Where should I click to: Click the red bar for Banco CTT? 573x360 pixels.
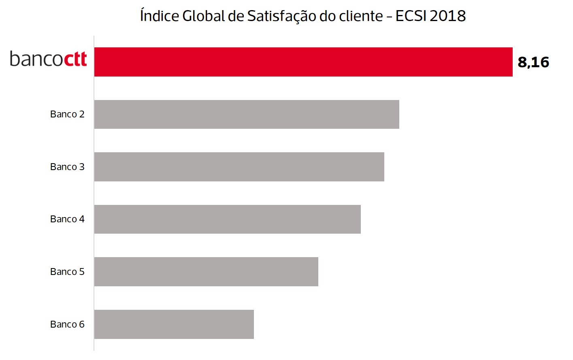coord(303,62)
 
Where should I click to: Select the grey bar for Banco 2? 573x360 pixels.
coord(247,114)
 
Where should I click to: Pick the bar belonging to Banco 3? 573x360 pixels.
coord(239,167)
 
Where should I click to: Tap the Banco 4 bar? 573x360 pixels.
coord(227,219)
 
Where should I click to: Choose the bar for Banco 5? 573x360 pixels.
coord(206,272)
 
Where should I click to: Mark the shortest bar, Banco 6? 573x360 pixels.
coord(174,324)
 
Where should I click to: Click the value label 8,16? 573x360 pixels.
coord(533,62)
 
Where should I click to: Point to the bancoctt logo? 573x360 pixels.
coord(48,59)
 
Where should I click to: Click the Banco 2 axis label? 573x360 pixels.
coord(67,114)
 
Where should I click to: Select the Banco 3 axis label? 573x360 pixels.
coord(67,167)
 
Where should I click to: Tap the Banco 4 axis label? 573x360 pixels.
coord(67,219)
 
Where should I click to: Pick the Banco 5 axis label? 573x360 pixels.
coord(67,272)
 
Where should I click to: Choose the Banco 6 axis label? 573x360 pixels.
coord(67,324)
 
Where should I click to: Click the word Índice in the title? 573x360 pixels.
coord(160,16)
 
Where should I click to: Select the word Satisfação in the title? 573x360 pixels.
coord(282,16)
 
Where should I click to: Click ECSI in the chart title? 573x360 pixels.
coord(411,16)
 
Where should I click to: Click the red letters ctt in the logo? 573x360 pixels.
coord(75,59)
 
